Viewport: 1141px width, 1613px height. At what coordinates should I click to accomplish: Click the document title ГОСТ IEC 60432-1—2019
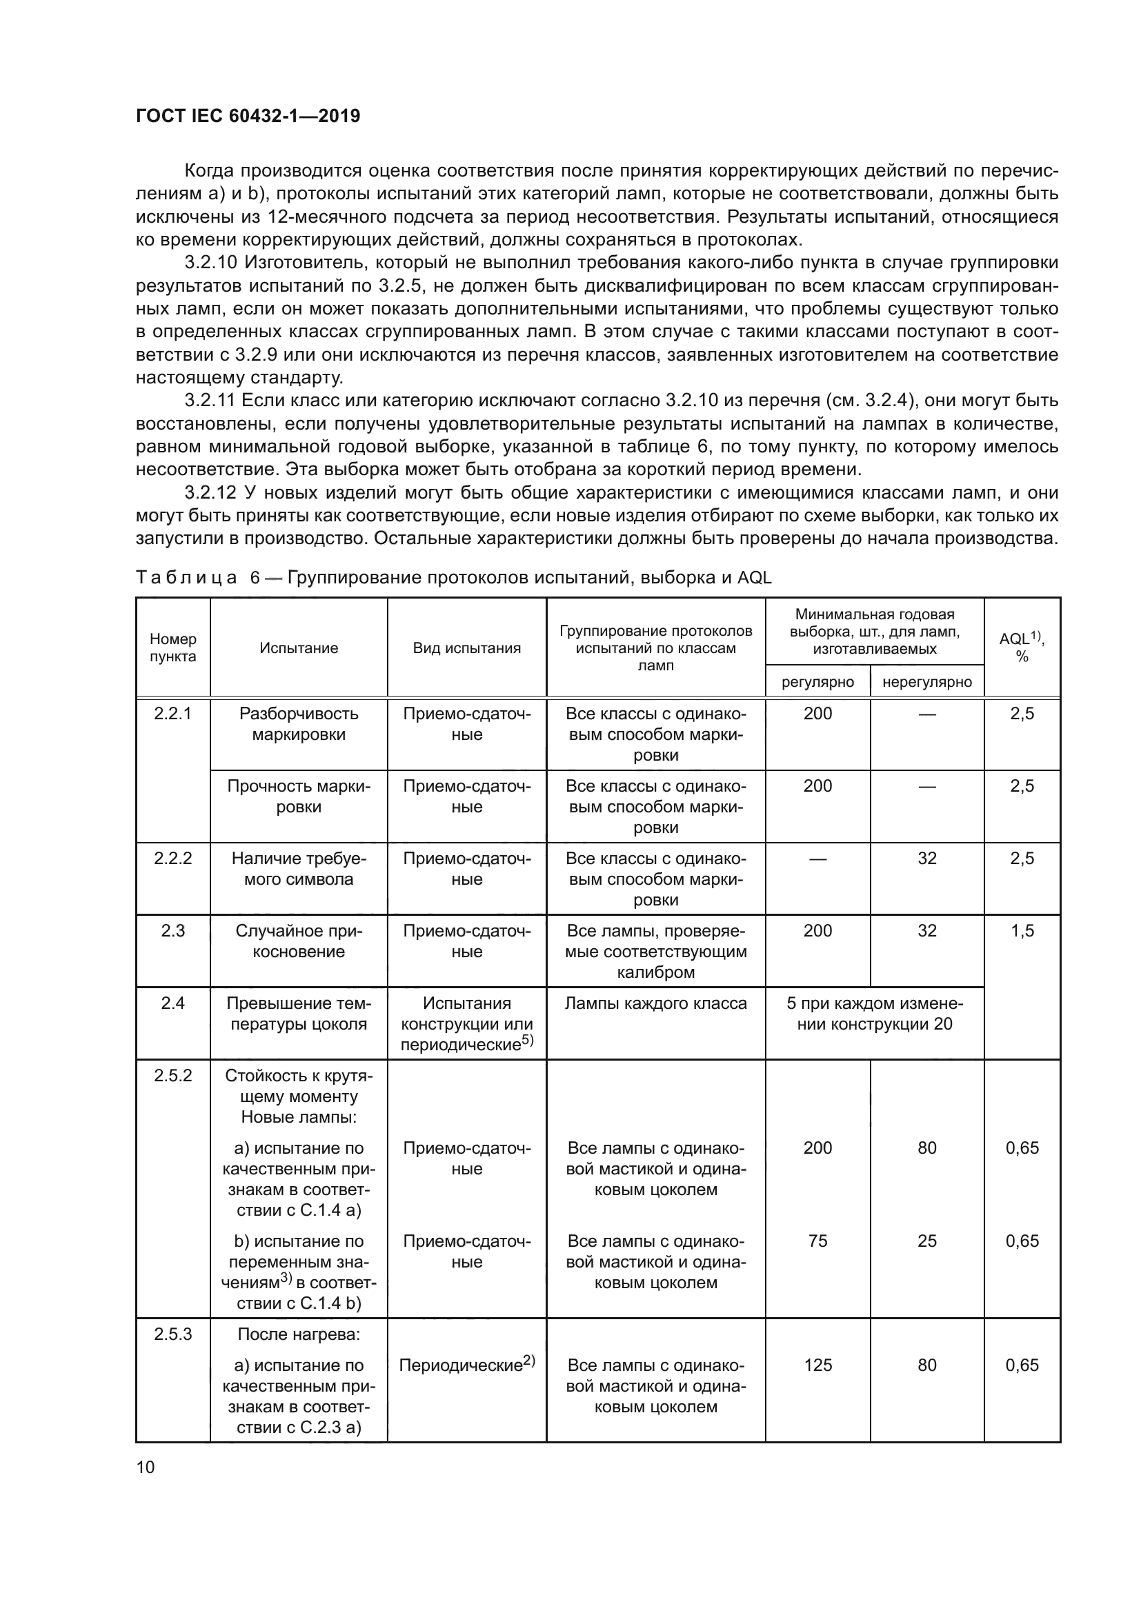click(248, 116)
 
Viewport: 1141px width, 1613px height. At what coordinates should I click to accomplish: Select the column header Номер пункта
click(173, 648)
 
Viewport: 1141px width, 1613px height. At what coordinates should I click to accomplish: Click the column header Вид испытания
click(466, 648)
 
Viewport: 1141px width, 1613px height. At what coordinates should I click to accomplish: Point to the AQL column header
click(1022, 647)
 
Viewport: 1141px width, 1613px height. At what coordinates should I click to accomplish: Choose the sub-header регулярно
click(818, 681)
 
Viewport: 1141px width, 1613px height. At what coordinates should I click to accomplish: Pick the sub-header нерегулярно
click(926, 681)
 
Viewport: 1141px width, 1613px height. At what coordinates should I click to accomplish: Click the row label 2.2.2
click(173, 859)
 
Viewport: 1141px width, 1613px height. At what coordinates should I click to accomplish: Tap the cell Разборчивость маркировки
click(299, 723)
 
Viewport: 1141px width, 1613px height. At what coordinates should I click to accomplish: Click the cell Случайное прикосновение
click(299, 941)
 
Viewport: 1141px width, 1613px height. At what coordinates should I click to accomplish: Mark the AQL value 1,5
click(1022, 931)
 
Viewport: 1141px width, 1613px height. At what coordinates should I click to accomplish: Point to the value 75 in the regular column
click(818, 1241)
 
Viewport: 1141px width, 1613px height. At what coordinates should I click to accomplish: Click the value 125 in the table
click(818, 1365)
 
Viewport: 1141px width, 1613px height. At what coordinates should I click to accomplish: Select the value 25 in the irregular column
click(926, 1241)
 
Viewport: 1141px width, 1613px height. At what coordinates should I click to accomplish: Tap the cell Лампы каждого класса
click(655, 1003)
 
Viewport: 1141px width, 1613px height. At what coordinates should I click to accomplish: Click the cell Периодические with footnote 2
click(466, 1365)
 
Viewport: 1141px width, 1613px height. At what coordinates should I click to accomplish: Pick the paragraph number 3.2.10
click(210, 263)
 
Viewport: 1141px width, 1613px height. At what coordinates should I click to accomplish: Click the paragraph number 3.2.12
click(210, 492)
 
